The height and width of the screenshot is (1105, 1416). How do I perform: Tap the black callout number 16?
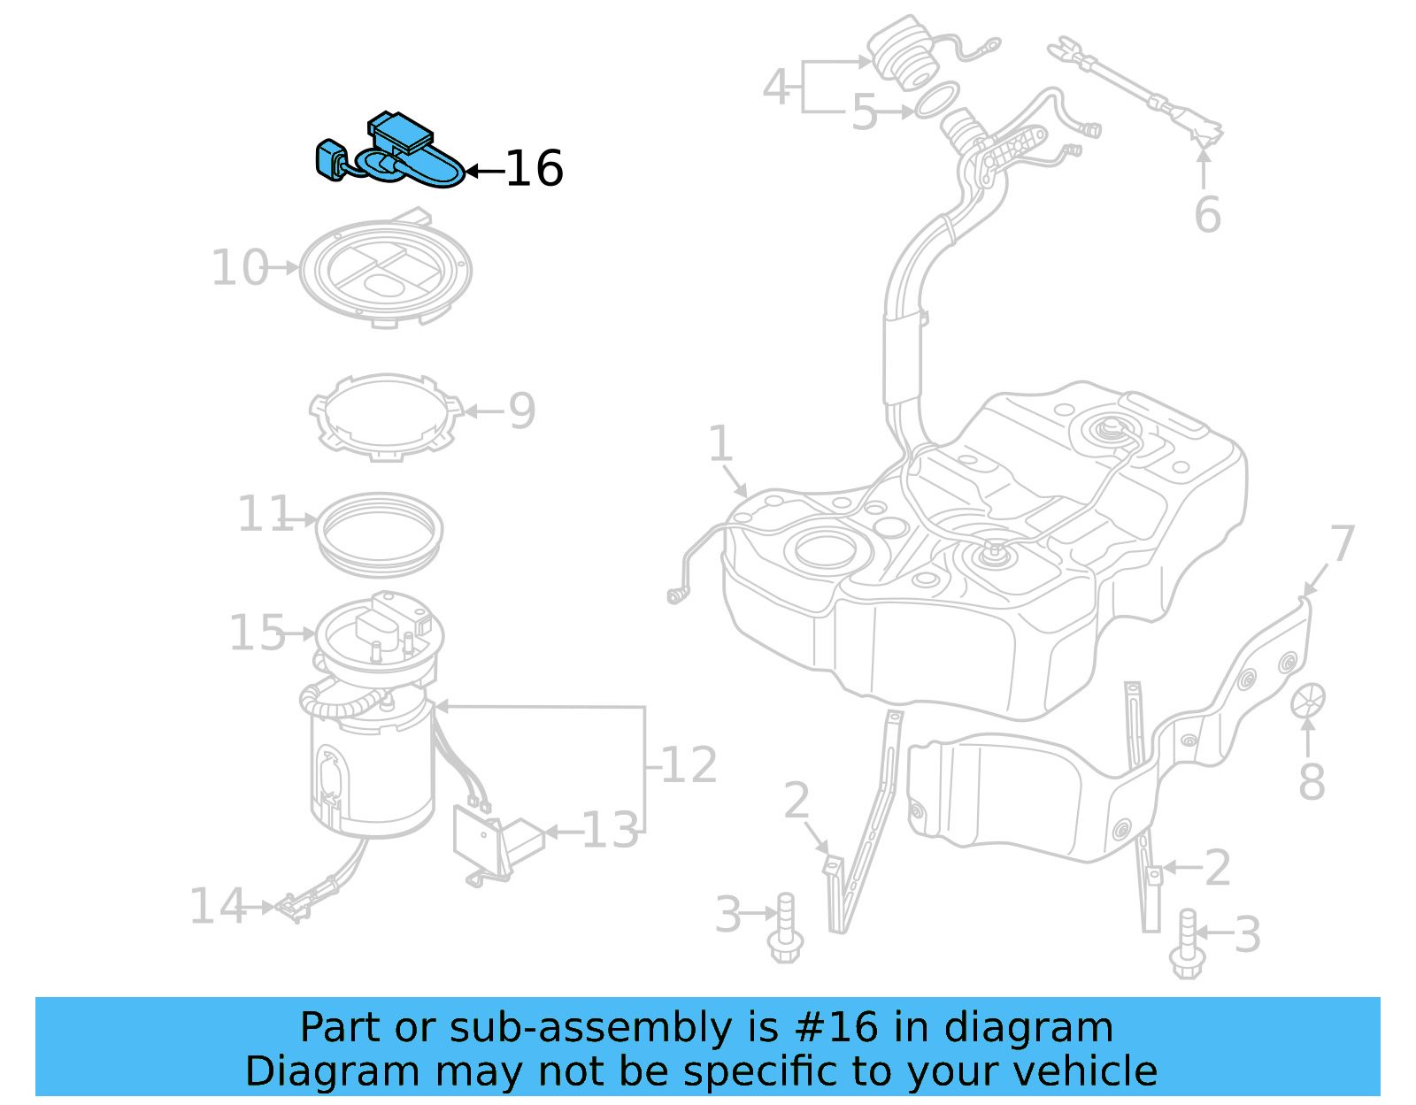click(534, 169)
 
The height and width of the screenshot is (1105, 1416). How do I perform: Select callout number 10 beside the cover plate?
click(239, 267)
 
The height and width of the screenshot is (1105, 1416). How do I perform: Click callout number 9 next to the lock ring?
click(521, 411)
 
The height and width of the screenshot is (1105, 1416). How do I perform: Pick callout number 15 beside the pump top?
click(257, 633)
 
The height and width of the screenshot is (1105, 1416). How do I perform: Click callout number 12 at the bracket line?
click(689, 764)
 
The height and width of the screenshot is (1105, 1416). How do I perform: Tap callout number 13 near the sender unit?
click(610, 831)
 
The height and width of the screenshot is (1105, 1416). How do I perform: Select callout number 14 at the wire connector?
click(217, 906)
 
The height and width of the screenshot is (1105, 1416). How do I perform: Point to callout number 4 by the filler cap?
click(776, 87)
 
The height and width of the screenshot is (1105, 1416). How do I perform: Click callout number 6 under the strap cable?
click(1207, 214)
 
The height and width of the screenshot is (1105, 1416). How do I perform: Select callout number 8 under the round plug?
click(1312, 782)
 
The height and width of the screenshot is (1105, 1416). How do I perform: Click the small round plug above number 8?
click(1308, 700)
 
